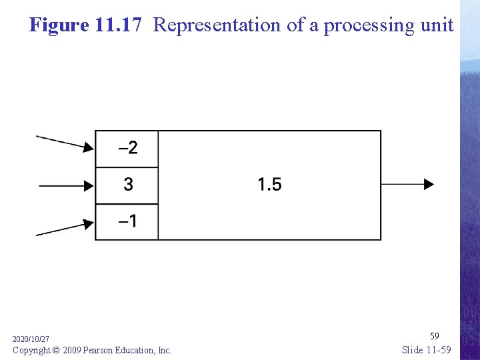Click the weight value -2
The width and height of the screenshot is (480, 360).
128,148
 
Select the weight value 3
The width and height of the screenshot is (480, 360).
128,184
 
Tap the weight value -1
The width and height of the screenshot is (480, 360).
128,221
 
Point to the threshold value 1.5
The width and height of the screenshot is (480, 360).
270,184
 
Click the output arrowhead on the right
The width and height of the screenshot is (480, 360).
429,184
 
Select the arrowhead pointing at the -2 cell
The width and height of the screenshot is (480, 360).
89,147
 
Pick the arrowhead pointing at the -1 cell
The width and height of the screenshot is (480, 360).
89,224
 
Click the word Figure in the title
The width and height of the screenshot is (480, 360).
59,25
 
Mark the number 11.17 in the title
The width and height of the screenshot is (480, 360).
118,25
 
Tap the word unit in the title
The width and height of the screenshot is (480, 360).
437,25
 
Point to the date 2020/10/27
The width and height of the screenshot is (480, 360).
31,339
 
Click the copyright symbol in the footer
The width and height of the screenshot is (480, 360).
55,350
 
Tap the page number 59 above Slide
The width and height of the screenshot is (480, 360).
435,336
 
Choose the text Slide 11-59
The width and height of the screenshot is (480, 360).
427,350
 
